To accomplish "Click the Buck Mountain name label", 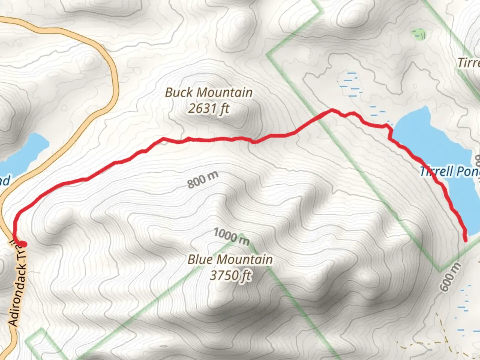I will point(209,93).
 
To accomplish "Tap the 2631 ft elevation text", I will point(209,108).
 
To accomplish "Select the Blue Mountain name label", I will point(230,259).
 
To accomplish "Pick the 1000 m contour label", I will point(231,236).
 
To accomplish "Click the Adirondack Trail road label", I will point(18,283).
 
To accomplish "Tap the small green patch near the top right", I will point(419,34).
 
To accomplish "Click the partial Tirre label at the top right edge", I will point(469,63).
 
